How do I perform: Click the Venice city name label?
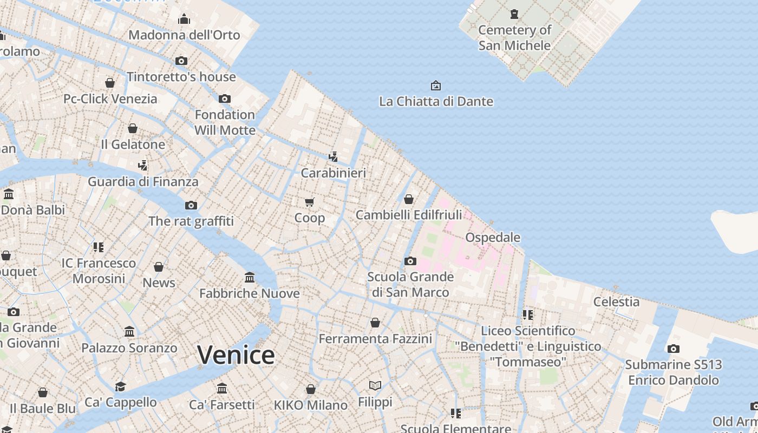pyautogui.click(x=236, y=355)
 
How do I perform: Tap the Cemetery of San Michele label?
pyautogui.click(x=514, y=38)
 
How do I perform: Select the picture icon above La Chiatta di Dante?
pyautogui.click(x=436, y=86)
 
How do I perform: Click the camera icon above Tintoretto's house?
pyautogui.click(x=181, y=61)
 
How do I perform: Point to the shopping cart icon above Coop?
pyautogui.click(x=310, y=202)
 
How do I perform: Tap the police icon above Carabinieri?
pyautogui.click(x=334, y=157)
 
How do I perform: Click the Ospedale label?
pyautogui.click(x=493, y=237)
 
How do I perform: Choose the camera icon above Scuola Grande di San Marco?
pyautogui.click(x=410, y=261)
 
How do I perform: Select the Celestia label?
pyautogui.click(x=616, y=301)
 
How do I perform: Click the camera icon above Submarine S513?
pyautogui.click(x=673, y=349)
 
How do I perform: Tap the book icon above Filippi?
pyautogui.click(x=375, y=386)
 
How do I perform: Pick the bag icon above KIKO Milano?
pyautogui.click(x=311, y=389)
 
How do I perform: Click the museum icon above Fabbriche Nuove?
pyautogui.click(x=250, y=277)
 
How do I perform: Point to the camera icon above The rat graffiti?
pyautogui.click(x=191, y=205)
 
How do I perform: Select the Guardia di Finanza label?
pyautogui.click(x=143, y=181)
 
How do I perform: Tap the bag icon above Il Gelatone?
pyautogui.click(x=133, y=128)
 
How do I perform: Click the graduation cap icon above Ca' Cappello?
pyautogui.click(x=120, y=386)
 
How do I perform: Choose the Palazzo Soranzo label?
pyautogui.click(x=129, y=347)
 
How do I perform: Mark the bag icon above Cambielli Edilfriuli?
pyautogui.click(x=409, y=199)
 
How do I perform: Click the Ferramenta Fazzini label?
pyautogui.click(x=375, y=339)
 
